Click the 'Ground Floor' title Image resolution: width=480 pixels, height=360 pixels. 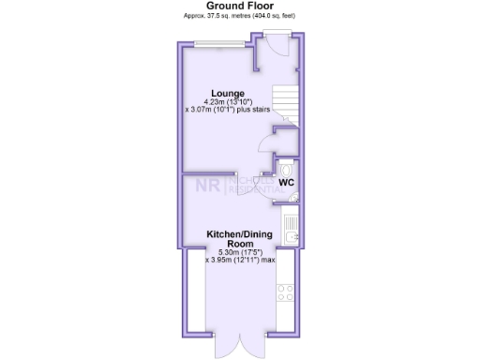(240, 6)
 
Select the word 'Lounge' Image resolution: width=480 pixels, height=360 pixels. (228, 94)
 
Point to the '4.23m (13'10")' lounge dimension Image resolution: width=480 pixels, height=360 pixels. (228, 102)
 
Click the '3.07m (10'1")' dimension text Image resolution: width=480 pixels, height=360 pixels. (217, 111)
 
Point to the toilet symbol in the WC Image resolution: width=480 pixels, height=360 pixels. (286, 158)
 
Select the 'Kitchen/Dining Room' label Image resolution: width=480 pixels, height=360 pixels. (239, 238)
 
